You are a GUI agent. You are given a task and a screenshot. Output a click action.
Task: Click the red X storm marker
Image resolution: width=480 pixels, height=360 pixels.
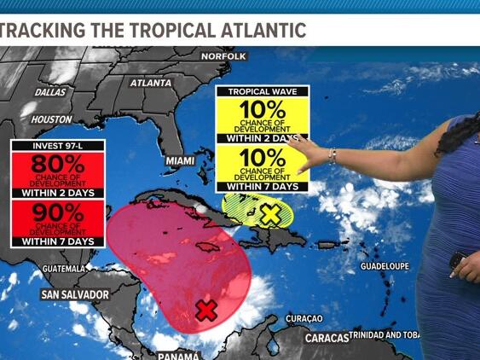(x=205, y=310)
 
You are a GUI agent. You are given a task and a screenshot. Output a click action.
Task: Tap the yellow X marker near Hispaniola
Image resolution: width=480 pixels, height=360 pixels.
(x=269, y=214)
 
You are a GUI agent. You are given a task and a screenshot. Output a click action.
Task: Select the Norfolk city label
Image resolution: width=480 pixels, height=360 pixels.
(x=223, y=56)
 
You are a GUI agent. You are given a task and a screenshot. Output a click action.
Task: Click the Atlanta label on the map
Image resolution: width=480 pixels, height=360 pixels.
(x=151, y=84)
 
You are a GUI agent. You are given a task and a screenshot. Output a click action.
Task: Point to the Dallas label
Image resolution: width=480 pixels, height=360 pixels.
(x=50, y=91)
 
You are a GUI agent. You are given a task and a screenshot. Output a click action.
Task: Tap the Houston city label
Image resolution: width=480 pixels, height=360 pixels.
(x=51, y=120)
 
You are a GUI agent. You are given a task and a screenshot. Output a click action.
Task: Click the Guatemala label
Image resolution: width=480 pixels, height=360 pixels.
(x=61, y=269)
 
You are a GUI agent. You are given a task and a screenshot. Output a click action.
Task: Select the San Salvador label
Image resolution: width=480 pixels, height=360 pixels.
(x=75, y=295)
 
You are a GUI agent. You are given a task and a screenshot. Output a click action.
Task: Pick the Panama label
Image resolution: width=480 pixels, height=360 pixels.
(x=178, y=355)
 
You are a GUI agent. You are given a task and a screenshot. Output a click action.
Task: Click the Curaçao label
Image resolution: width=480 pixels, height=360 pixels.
(x=304, y=318)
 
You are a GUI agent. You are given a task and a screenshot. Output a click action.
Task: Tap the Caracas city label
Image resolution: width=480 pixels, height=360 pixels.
(x=327, y=338)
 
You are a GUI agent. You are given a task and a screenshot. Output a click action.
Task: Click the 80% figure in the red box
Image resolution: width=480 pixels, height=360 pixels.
(x=59, y=165)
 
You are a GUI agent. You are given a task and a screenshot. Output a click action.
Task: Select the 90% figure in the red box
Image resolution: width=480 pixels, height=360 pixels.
(x=59, y=213)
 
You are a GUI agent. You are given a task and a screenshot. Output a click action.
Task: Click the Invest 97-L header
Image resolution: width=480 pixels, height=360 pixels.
(x=58, y=144)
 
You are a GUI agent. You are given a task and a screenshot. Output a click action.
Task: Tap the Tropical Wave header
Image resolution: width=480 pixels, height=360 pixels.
(x=262, y=90)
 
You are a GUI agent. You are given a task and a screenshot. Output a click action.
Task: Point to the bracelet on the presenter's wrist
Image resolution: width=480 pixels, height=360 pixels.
(x=333, y=155)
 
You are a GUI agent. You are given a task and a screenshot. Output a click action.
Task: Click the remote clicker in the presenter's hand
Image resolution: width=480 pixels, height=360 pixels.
(x=457, y=259)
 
